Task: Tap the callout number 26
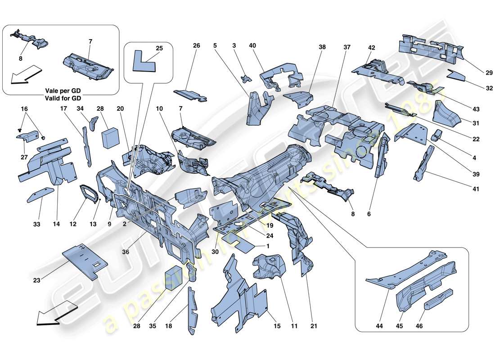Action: pos(196,45)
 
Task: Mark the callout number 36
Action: pos(126,252)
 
